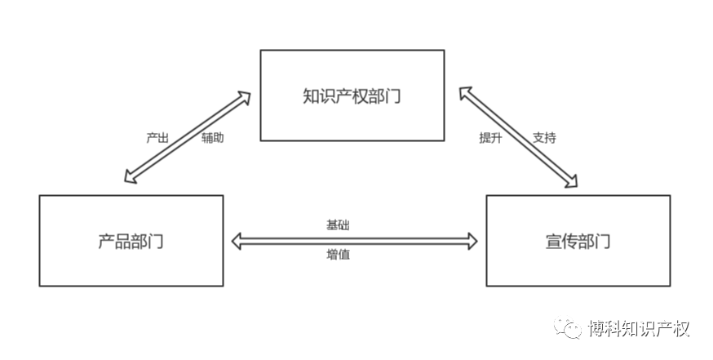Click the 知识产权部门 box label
click(x=352, y=96)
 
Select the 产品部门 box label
click(x=131, y=242)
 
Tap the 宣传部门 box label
click(x=578, y=242)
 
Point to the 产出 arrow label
click(x=157, y=138)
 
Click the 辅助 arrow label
click(x=213, y=138)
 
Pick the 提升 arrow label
click(x=490, y=138)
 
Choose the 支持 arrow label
click(x=544, y=138)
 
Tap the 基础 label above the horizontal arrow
click(x=339, y=224)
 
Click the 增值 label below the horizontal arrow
click(x=339, y=255)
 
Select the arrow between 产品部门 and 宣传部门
click(x=354, y=240)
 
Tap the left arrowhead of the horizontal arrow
click(x=238, y=240)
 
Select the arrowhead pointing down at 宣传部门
click(x=571, y=181)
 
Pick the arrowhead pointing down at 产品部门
click(x=127, y=179)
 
